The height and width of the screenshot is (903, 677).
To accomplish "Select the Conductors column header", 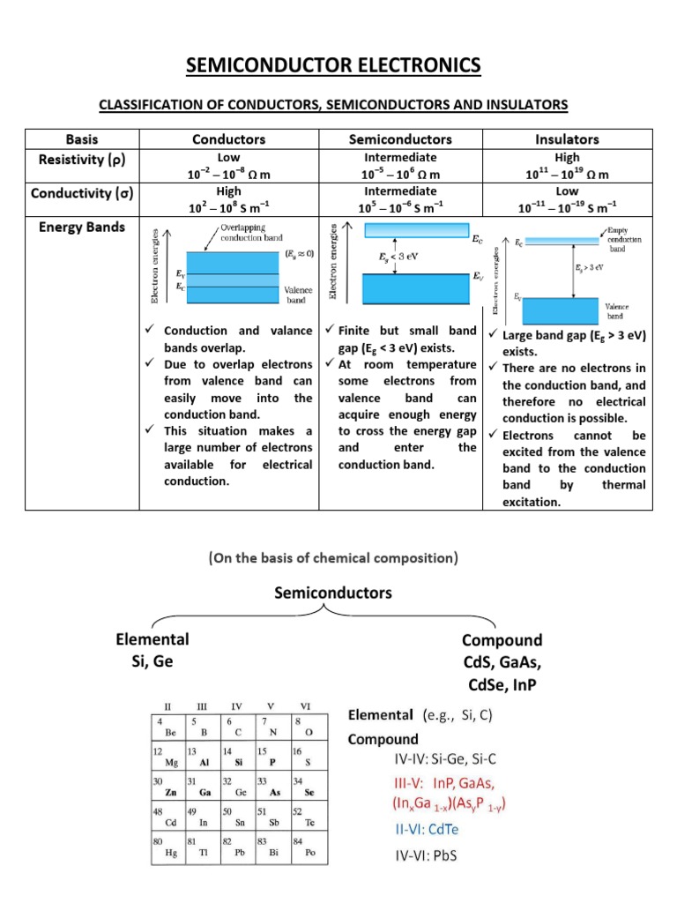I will pos(228,139).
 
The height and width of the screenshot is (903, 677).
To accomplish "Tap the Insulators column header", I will pos(567,139).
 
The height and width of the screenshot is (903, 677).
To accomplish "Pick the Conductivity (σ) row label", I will pos(82,191).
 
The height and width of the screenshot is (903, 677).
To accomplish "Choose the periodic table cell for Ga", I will pos(204,787).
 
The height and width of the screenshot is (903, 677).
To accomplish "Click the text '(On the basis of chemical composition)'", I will pos(333,558).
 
